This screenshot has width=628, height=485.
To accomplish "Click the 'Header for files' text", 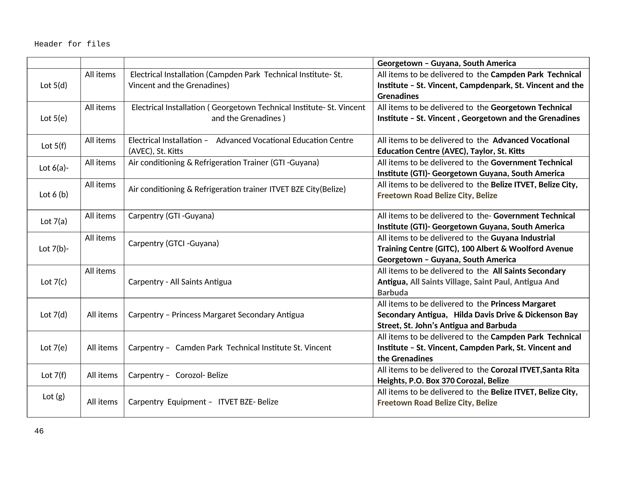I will pyautogui.click(x=72, y=44).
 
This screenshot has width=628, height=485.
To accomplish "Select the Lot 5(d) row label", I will pyautogui.click(x=54, y=85).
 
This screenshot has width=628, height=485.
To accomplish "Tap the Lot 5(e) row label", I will pyautogui.click(x=54, y=118).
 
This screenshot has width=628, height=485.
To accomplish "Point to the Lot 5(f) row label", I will pyautogui.click(x=54, y=146).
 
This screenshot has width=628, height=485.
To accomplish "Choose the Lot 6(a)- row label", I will pyautogui.click(x=54, y=168).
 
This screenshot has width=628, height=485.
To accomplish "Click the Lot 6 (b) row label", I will pyautogui.click(x=54, y=195).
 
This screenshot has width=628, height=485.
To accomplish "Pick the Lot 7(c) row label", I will pyautogui.click(x=54, y=282).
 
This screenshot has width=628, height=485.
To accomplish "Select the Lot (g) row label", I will pyautogui.click(x=54, y=396).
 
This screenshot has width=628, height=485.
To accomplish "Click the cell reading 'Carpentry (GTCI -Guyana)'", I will pyautogui.click(x=173, y=243).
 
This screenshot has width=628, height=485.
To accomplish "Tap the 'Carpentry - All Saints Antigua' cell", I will pyautogui.click(x=180, y=282).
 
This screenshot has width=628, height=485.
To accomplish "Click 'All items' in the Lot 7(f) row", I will pyautogui.click(x=102, y=375).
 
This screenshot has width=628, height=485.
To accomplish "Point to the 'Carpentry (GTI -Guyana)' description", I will pyautogui.click(x=171, y=216).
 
